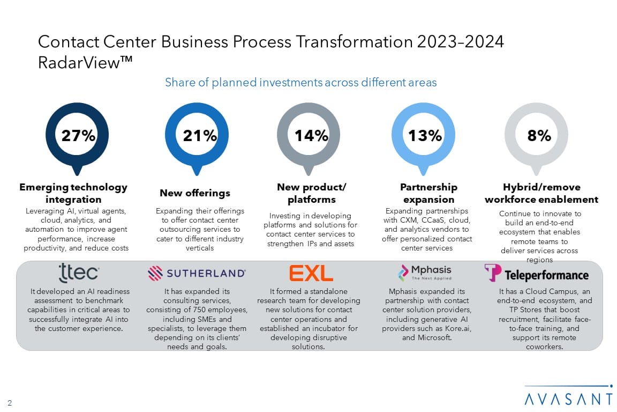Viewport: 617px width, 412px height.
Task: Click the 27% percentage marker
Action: [78, 136]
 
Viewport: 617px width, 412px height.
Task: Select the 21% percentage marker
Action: [200, 136]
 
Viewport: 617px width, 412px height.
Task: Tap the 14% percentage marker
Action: [311, 136]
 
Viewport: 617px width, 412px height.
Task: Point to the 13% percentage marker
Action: [425, 136]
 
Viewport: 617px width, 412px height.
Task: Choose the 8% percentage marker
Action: [539, 136]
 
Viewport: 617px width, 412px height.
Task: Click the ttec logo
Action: [78, 273]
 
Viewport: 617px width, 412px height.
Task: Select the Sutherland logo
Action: [197, 273]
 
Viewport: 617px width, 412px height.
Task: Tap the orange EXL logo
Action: [311, 273]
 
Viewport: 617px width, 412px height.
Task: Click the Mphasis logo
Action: [425, 272]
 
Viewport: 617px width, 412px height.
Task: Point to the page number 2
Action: [10, 402]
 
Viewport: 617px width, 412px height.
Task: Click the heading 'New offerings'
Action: [195, 193]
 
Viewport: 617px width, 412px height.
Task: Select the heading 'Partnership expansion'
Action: [428, 193]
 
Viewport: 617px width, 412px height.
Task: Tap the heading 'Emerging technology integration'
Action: [73, 193]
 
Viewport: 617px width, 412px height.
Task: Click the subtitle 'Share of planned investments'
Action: [300, 83]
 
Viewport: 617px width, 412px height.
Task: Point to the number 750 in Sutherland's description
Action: [202, 310]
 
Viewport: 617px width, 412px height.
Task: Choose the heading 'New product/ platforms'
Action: [311, 193]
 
